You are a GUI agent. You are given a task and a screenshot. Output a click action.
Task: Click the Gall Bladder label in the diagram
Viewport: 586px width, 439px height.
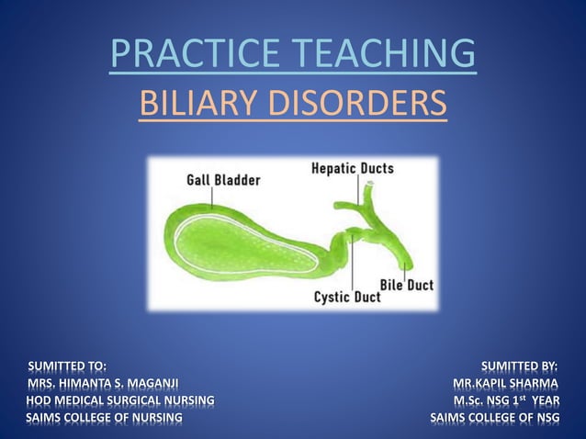pos(223,180)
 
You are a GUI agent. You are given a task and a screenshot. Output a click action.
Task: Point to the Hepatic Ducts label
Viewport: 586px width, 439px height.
pos(353,168)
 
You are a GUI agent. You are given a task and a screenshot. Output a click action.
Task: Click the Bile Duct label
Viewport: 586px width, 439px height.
pos(407,285)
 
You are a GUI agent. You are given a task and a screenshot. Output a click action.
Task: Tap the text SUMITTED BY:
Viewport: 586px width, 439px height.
pos(520,366)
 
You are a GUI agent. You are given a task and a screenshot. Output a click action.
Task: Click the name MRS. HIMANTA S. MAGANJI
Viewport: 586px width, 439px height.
pos(103,383)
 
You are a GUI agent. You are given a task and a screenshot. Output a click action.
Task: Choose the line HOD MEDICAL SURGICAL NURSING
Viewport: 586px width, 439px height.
pos(120,400)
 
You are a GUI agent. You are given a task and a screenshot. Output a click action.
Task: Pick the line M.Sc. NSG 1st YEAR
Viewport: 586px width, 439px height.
pos(506,400)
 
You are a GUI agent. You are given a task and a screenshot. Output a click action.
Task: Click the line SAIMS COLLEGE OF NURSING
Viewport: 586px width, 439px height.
pos(104,418)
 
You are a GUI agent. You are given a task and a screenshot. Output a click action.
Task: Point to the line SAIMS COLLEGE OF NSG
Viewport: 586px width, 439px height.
pos(495,418)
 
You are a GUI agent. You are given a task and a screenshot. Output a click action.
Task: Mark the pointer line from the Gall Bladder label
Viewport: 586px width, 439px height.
pos(214,197)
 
